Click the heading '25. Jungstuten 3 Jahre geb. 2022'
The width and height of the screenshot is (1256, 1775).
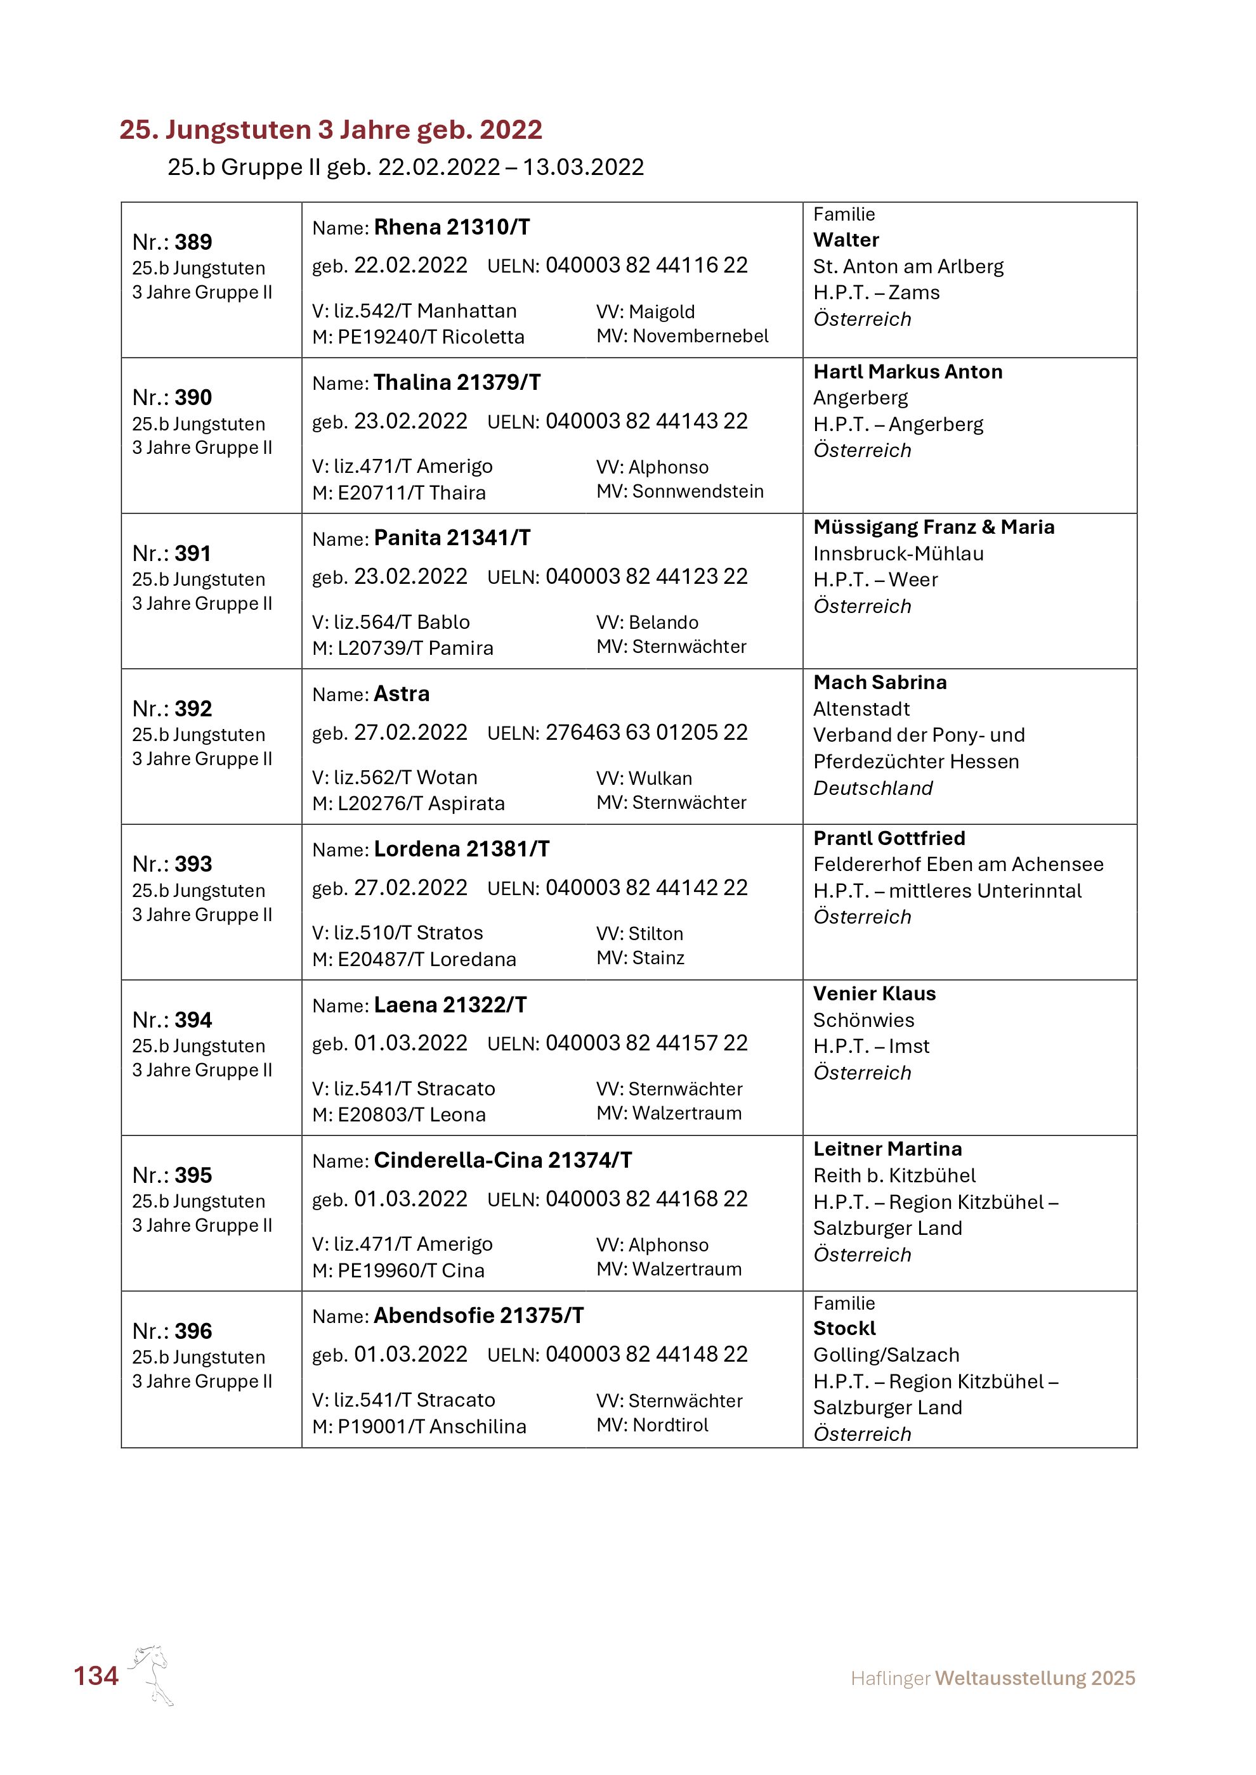tap(330, 129)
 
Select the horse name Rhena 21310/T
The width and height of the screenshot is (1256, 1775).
tap(452, 228)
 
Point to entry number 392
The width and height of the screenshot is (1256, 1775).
tap(193, 708)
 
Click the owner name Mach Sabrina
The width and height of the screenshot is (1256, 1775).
tap(879, 683)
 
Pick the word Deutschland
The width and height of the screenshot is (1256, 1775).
tap(872, 788)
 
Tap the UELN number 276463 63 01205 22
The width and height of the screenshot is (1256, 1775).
tap(646, 732)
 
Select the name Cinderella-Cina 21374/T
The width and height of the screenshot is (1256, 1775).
tap(502, 1159)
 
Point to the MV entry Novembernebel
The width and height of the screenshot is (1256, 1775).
tap(700, 335)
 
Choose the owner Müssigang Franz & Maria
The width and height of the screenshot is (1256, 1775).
tap(934, 527)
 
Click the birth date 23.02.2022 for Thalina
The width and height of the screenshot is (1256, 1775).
tap(410, 422)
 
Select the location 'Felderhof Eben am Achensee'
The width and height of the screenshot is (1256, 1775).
tap(958, 864)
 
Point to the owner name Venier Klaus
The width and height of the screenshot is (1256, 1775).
tap(874, 993)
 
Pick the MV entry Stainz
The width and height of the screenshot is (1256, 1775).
tap(658, 958)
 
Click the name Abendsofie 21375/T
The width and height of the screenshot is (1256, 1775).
tap(479, 1316)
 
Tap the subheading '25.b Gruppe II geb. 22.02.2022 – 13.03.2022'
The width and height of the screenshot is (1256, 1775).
tap(405, 167)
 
